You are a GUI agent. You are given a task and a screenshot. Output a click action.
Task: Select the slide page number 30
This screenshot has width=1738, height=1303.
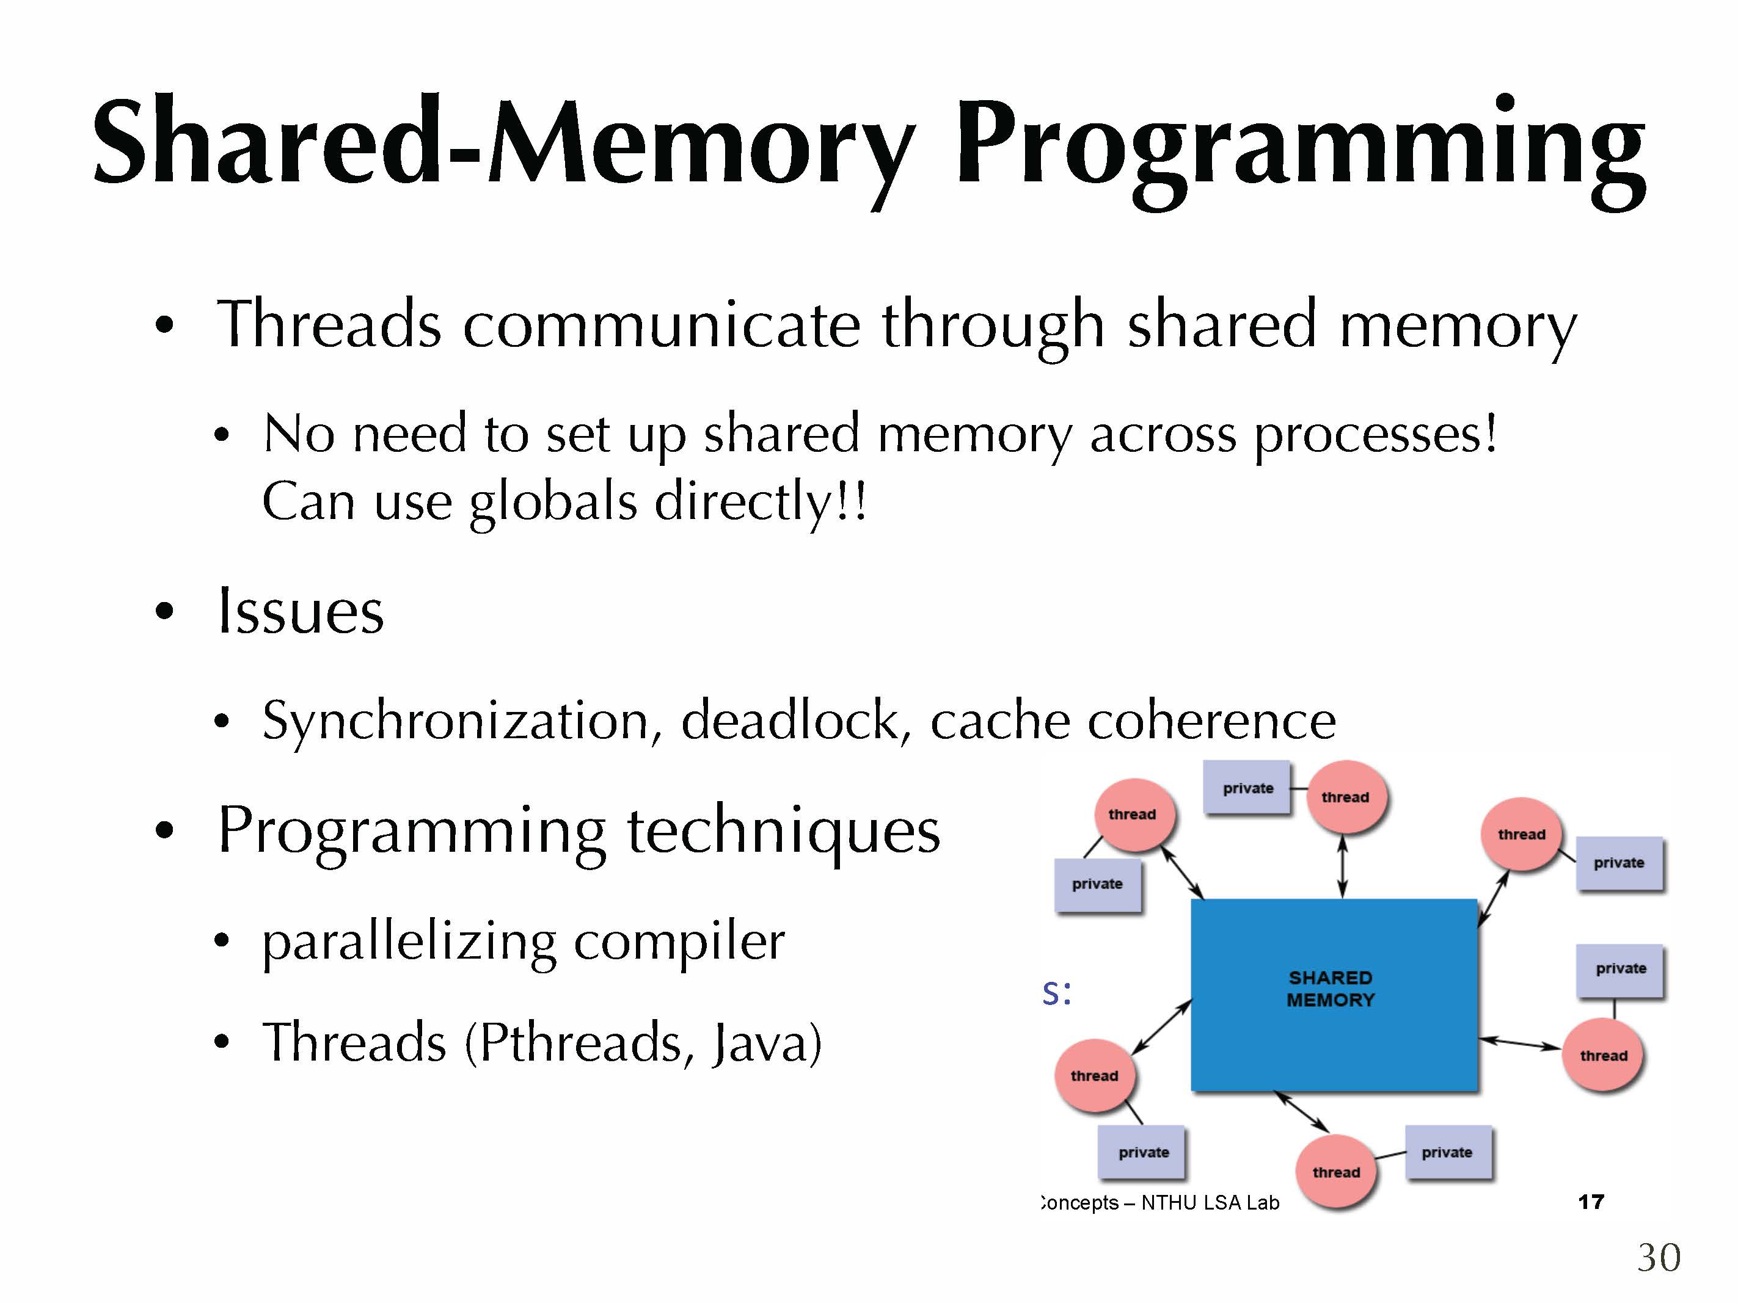click(1658, 1257)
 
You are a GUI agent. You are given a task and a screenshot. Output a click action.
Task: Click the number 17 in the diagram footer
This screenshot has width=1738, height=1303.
click(1590, 1201)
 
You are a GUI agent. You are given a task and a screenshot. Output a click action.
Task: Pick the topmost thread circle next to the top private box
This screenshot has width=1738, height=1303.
click(1345, 797)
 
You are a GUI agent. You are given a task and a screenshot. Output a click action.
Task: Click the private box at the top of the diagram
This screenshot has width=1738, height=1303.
click(1247, 788)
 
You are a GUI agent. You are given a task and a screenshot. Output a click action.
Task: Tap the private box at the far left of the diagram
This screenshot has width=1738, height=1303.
click(1097, 884)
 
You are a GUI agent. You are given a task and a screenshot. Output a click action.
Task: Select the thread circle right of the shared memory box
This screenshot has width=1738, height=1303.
click(1603, 1056)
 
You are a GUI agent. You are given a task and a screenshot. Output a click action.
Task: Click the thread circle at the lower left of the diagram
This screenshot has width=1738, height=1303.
click(1094, 1075)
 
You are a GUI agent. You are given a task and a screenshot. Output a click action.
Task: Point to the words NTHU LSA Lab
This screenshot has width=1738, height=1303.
click(1210, 1202)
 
